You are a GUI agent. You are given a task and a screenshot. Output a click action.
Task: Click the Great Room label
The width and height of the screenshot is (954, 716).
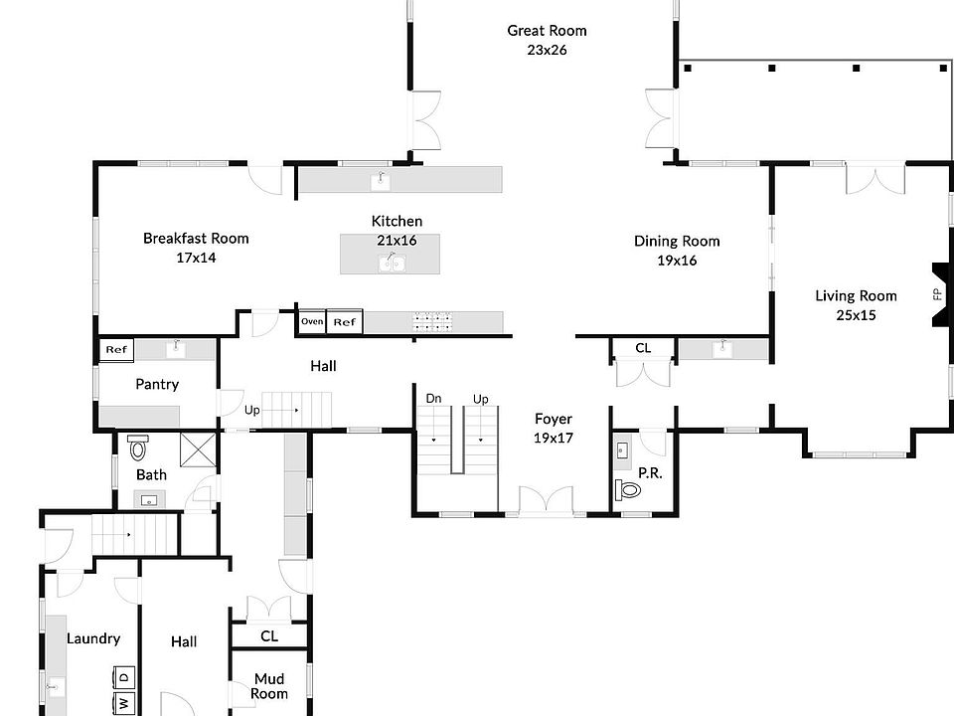(x=547, y=31)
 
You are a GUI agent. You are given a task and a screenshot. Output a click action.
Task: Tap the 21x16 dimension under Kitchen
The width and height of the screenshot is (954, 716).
(x=397, y=241)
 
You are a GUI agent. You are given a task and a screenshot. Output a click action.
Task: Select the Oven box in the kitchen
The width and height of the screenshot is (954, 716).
(x=312, y=321)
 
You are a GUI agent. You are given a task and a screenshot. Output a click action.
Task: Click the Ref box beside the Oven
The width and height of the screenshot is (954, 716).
(x=345, y=322)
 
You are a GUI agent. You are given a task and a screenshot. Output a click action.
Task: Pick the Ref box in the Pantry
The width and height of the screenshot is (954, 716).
(x=116, y=349)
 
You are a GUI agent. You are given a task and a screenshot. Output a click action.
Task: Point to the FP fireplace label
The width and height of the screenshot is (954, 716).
(x=937, y=294)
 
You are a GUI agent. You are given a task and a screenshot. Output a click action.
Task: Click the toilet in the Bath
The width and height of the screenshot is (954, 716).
(x=138, y=447)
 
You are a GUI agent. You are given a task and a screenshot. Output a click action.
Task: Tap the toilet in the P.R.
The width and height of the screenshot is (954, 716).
(x=628, y=489)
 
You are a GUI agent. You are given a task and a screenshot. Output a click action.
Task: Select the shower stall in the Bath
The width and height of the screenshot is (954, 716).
(x=199, y=449)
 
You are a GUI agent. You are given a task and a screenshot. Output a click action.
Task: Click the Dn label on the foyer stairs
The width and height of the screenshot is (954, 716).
(x=433, y=399)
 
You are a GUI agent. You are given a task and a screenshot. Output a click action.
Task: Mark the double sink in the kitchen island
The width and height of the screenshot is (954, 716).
(x=393, y=263)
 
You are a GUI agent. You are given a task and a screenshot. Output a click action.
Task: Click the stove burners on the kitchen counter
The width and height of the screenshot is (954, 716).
(x=433, y=322)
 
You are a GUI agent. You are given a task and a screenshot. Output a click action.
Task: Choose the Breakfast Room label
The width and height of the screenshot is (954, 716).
(x=196, y=238)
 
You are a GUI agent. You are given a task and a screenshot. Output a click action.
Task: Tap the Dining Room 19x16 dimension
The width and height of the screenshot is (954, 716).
(x=677, y=261)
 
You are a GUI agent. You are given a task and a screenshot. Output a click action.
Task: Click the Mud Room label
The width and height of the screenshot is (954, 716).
(x=269, y=686)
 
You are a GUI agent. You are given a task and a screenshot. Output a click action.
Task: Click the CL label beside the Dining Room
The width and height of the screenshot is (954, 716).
(x=643, y=348)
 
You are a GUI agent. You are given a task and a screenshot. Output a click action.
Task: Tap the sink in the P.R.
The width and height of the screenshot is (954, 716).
(x=622, y=450)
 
